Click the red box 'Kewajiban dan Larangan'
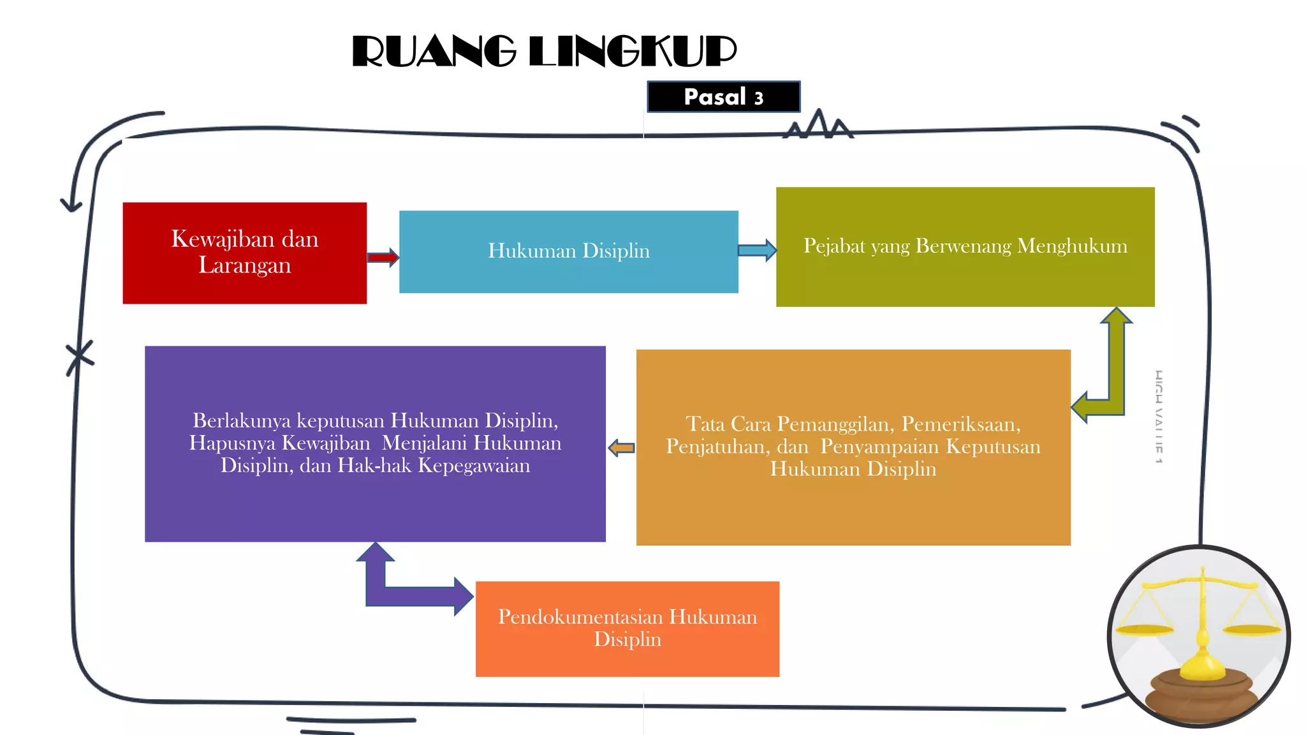pos(244,253)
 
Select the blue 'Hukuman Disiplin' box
pos(568,251)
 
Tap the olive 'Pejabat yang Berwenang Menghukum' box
pos(965,246)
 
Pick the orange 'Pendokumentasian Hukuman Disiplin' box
pos(627,628)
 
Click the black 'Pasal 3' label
pos(723,97)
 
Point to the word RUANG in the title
pos(434,52)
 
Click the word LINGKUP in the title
pos(633,52)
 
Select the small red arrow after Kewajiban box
pos(383,258)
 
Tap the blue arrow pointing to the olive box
pos(757,250)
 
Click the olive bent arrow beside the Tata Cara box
pos(1113,383)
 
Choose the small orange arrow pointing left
pos(621,448)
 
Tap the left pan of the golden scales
pos(1145,629)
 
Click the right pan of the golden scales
pos(1252,630)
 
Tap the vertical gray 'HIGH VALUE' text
pos(1159,416)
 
